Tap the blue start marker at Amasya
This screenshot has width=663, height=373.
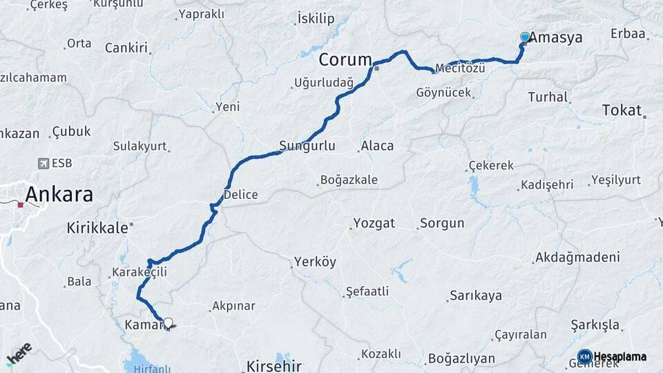click(525, 37)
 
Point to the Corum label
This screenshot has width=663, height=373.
click(345, 60)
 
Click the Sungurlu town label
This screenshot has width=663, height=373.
click(307, 146)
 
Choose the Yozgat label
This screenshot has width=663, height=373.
click(374, 223)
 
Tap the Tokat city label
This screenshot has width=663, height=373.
click(622, 110)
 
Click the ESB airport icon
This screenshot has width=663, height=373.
click(44, 164)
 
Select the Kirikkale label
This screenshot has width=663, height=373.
click(96, 227)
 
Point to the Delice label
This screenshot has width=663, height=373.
click(240, 195)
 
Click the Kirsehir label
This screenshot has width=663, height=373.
click(274, 365)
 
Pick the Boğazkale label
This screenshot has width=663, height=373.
click(349, 180)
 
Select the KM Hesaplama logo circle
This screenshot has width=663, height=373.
click(585, 357)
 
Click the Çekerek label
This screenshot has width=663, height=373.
click(491, 166)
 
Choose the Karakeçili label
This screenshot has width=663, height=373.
click(140, 273)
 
